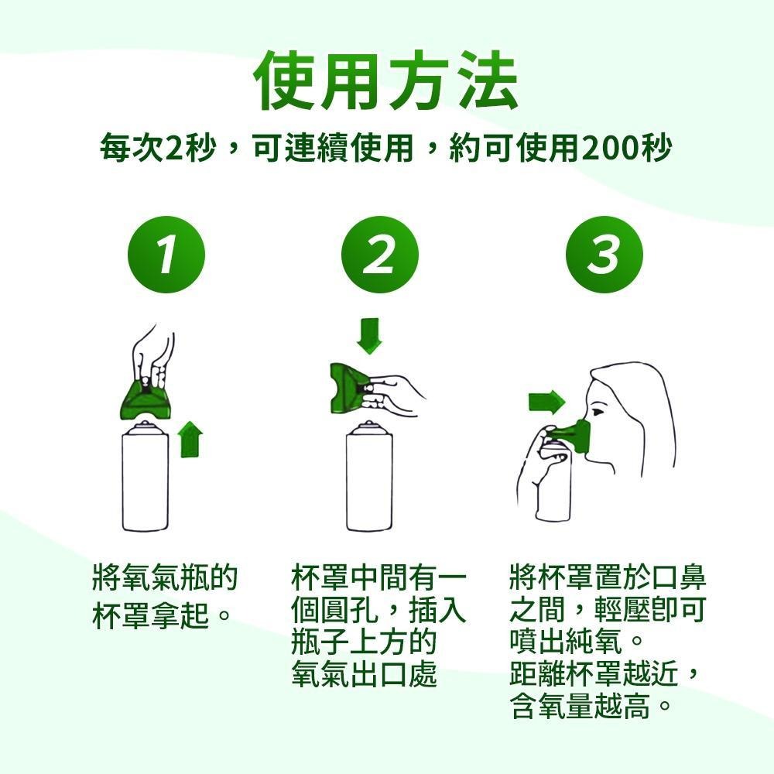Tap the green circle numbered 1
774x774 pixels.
[x=166, y=255]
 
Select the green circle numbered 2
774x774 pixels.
[x=379, y=255]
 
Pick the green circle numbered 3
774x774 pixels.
[x=604, y=255]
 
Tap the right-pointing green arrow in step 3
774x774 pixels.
[x=547, y=402]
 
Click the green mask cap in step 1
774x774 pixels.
[x=145, y=399]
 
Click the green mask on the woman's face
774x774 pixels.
[x=577, y=433]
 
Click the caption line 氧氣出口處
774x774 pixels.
[x=364, y=674]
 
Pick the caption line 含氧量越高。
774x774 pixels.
[x=591, y=706]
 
